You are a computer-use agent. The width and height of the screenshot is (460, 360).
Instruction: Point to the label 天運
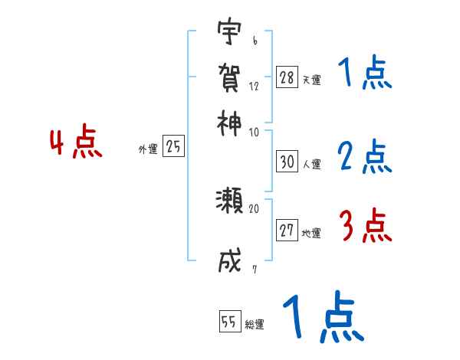(x=311, y=80)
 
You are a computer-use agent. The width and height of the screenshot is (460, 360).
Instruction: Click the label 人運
(x=311, y=164)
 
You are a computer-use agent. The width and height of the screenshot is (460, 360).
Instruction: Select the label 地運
(x=311, y=234)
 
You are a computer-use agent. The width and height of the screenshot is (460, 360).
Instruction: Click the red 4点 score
(x=76, y=143)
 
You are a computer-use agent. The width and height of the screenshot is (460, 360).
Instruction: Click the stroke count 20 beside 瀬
(x=255, y=208)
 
